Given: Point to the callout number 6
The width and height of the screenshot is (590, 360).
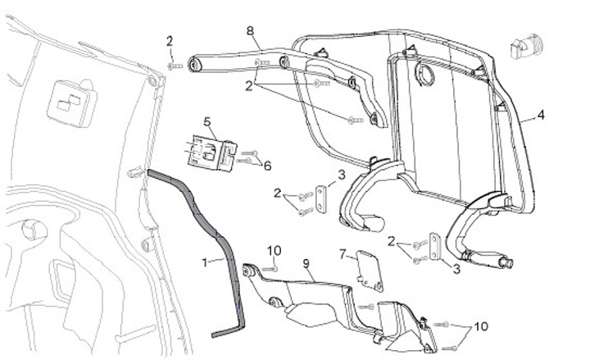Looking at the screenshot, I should [267, 166].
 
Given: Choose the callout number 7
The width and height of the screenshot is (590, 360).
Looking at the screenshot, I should [343, 255].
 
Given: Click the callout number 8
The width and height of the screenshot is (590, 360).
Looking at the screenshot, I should [251, 30].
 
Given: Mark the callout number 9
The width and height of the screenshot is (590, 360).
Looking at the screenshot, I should [306, 264].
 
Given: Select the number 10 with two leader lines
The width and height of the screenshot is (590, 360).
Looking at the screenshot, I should [480, 326].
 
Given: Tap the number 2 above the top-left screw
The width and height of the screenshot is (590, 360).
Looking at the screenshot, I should [170, 41].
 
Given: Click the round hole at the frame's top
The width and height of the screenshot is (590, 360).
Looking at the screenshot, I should [426, 75].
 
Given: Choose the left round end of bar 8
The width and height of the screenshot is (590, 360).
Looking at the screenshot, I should [197, 63].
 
